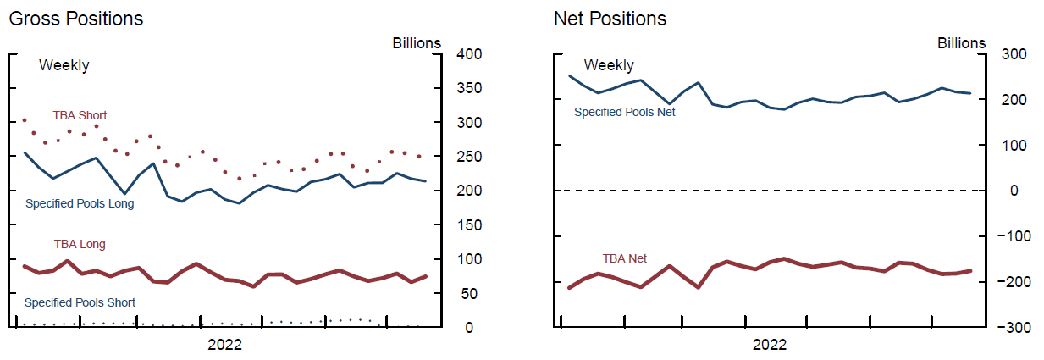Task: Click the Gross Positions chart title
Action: pyautogui.click(x=75, y=19)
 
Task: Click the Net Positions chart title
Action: pyautogui.click(x=610, y=19)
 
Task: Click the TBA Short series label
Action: pyautogui.click(x=80, y=115)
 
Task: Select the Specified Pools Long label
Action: pyautogui.click(x=80, y=203)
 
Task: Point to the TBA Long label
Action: pyautogui.click(x=80, y=245)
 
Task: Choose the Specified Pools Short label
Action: pyautogui.click(x=80, y=302)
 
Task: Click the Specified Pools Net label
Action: pyautogui.click(x=625, y=112)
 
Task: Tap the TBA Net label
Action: pyautogui.click(x=624, y=258)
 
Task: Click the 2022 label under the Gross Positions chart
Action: pyautogui.click(x=224, y=345)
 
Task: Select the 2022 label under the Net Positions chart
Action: pyautogui.click(x=769, y=345)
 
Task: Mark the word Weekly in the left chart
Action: pyautogui.click(x=64, y=65)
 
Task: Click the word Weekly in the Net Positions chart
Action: pyautogui.click(x=608, y=65)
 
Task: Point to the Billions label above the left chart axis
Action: pyautogui.click(x=416, y=43)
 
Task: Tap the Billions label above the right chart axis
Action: pyautogui.click(x=961, y=43)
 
